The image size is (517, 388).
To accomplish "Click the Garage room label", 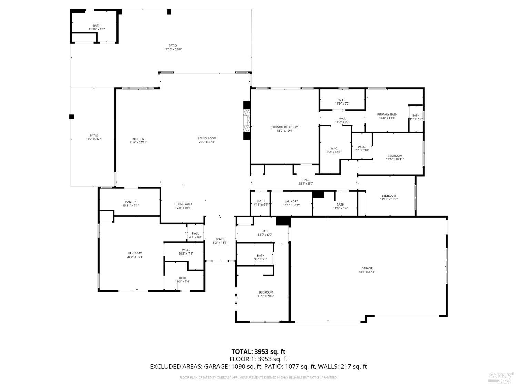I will [x=367, y=268].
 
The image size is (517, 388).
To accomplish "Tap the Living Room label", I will [x=207, y=138].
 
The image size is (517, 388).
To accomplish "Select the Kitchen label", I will [x=138, y=139].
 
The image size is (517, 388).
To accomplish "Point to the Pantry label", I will [x=131, y=202].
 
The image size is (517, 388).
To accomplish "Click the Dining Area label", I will [x=183, y=204].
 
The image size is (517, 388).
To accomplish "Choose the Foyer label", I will [x=220, y=239].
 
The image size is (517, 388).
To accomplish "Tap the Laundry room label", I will [x=291, y=201].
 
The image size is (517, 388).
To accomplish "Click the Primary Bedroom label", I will [x=284, y=127].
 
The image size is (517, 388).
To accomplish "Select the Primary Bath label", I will [x=387, y=114].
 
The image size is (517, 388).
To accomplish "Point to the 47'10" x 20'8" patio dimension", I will [x=173, y=49].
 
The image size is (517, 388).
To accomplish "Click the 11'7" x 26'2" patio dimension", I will [x=94, y=139].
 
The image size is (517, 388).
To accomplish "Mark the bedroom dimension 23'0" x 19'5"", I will [x=135, y=257].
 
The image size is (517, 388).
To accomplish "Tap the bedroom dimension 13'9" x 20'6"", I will [x=266, y=296].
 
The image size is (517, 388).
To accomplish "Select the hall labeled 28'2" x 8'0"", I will [x=306, y=183].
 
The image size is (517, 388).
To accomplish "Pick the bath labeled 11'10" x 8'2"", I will [x=97, y=29].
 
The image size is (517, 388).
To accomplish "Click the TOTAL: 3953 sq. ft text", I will [x=258, y=351].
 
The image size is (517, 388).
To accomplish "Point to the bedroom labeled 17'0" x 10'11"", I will [x=394, y=159].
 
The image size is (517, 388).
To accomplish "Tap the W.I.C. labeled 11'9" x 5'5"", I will [x=342, y=103].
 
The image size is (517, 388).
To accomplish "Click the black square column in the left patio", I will [x=72, y=117].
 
